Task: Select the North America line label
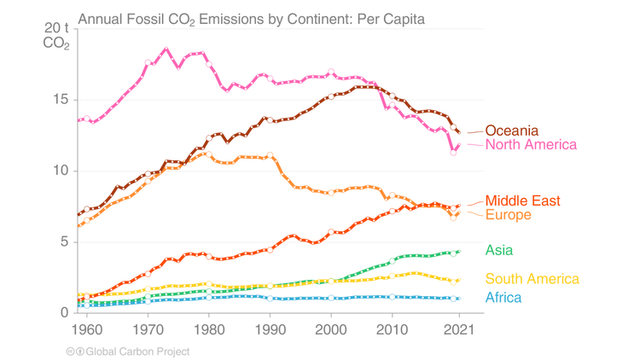[x=532, y=145]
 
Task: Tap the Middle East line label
[x=522, y=201]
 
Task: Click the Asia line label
[x=500, y=250]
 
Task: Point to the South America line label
[x=532, y=279]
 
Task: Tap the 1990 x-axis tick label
[x=270, y=329]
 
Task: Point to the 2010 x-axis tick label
[x=393, y=329]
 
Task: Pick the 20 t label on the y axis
[x=56, y=29]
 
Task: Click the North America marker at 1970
[x=148, y=63]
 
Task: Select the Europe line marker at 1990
[x=271, y=156]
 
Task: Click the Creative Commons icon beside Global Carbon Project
[x=71, y=351]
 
